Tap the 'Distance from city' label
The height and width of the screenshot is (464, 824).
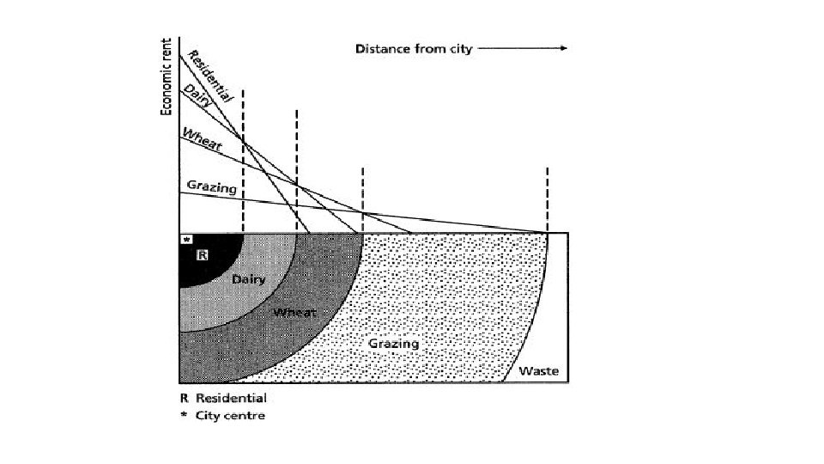[414, 49]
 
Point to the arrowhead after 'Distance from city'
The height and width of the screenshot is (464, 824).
[562, 49]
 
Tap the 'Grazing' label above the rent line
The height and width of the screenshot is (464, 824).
[211, 186]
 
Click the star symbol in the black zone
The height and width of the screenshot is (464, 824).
[187, 241]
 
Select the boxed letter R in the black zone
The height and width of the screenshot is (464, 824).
[203, 254]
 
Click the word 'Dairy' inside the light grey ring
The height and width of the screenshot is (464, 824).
[249, 280]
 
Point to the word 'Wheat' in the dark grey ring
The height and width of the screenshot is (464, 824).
[294, 313]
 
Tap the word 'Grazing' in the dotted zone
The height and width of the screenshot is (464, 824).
[394, 344]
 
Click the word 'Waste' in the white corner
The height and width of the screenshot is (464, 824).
[539, 371]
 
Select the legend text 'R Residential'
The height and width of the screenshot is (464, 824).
[223, 398]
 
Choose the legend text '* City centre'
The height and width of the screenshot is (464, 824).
[222, 416]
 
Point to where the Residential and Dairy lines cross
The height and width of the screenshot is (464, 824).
[243, 138]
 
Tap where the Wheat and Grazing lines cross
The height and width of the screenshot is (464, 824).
[363, 212]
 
